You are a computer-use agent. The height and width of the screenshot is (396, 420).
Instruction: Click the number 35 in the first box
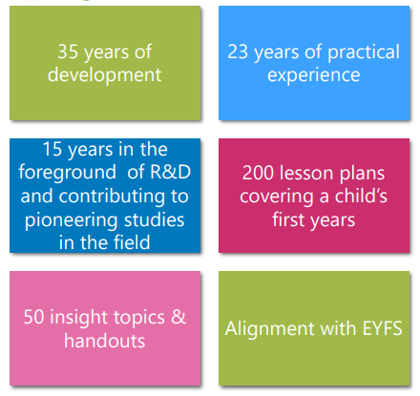click(x=68, y=52)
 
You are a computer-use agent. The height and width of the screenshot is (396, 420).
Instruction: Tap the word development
click(x=104, y=75)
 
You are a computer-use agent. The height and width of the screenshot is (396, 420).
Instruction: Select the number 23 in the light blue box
click(x=238, y=52)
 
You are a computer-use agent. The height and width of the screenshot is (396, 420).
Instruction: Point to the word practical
click(x=364, y=52)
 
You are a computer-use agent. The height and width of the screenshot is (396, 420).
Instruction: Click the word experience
click(x=314, y=76)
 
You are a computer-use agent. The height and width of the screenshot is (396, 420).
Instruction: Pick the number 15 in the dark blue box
click(x=52, y=149)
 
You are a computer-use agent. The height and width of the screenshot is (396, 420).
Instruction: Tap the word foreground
click(x=67, y=174)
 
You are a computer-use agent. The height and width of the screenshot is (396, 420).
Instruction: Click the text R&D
click(x=170, y=172)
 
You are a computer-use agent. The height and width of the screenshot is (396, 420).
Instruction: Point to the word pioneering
click(x=72, y=221)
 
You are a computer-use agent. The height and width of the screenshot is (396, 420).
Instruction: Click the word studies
click(x=155, y=219)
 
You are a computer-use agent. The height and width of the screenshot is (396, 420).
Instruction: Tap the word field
click(x=132, y=242)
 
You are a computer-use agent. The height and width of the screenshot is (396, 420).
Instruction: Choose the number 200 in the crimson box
click(x=257, y=174)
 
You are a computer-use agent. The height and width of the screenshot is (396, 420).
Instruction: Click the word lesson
click(x=305, y=174)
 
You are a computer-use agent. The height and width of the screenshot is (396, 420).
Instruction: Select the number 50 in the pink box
click(x=33, y=317)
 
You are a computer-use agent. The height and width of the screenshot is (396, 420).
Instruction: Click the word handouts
click(x=105, y=341)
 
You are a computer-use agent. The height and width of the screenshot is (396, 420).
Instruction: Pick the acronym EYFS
click(x=383, y=328)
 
